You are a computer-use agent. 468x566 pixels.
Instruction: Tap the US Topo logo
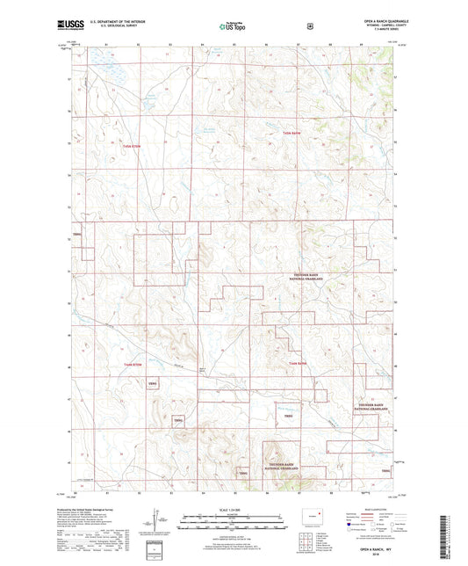(x=232, y=26)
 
